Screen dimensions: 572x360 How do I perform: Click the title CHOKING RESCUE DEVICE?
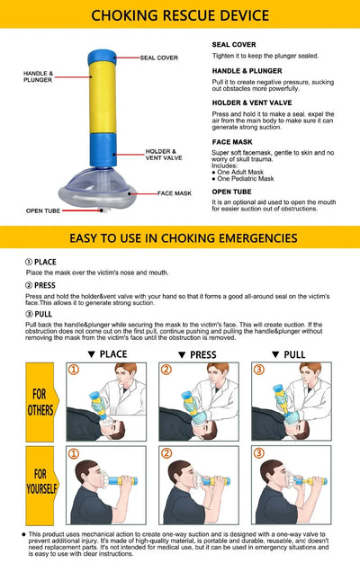click(x=180, y=15)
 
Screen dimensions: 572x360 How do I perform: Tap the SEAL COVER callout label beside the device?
click(x=158, y=58)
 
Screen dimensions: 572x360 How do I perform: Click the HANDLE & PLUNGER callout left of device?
click(x=38, y=76)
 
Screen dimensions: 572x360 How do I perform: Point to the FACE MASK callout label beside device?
click(x=175, y=193)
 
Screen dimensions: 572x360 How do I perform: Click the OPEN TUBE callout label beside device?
click(x=43, y=210)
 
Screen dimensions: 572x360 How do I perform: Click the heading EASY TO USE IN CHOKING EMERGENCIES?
click(x=180, y=238)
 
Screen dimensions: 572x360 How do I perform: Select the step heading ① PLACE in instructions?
click(x=40, y=262)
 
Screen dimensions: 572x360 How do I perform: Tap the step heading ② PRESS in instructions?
click(x=41, y=285)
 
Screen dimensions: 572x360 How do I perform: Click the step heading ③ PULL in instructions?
click(x=40, y=314)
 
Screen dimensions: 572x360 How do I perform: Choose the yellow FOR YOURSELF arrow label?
click(x=41, y=486)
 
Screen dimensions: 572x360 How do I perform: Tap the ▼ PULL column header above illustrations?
click(x=288, y=355)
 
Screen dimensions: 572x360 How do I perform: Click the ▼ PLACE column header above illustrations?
click(x=102, y=355)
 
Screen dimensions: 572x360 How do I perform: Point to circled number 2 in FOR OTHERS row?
click(x=166, y=370)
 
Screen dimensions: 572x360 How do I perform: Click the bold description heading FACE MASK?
click(x=233, y=142)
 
